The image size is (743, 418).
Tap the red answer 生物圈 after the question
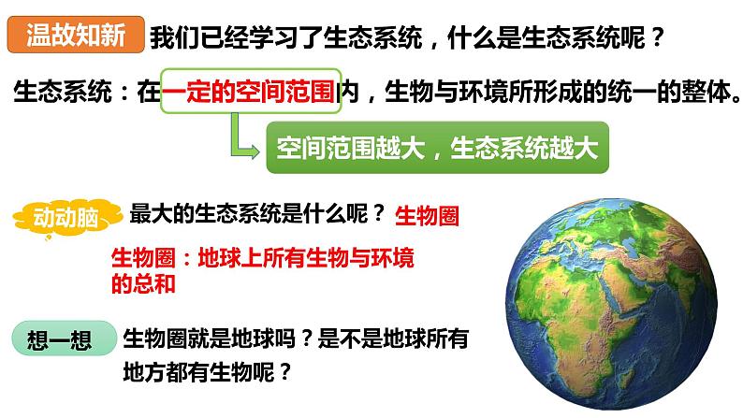point(428,216)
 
